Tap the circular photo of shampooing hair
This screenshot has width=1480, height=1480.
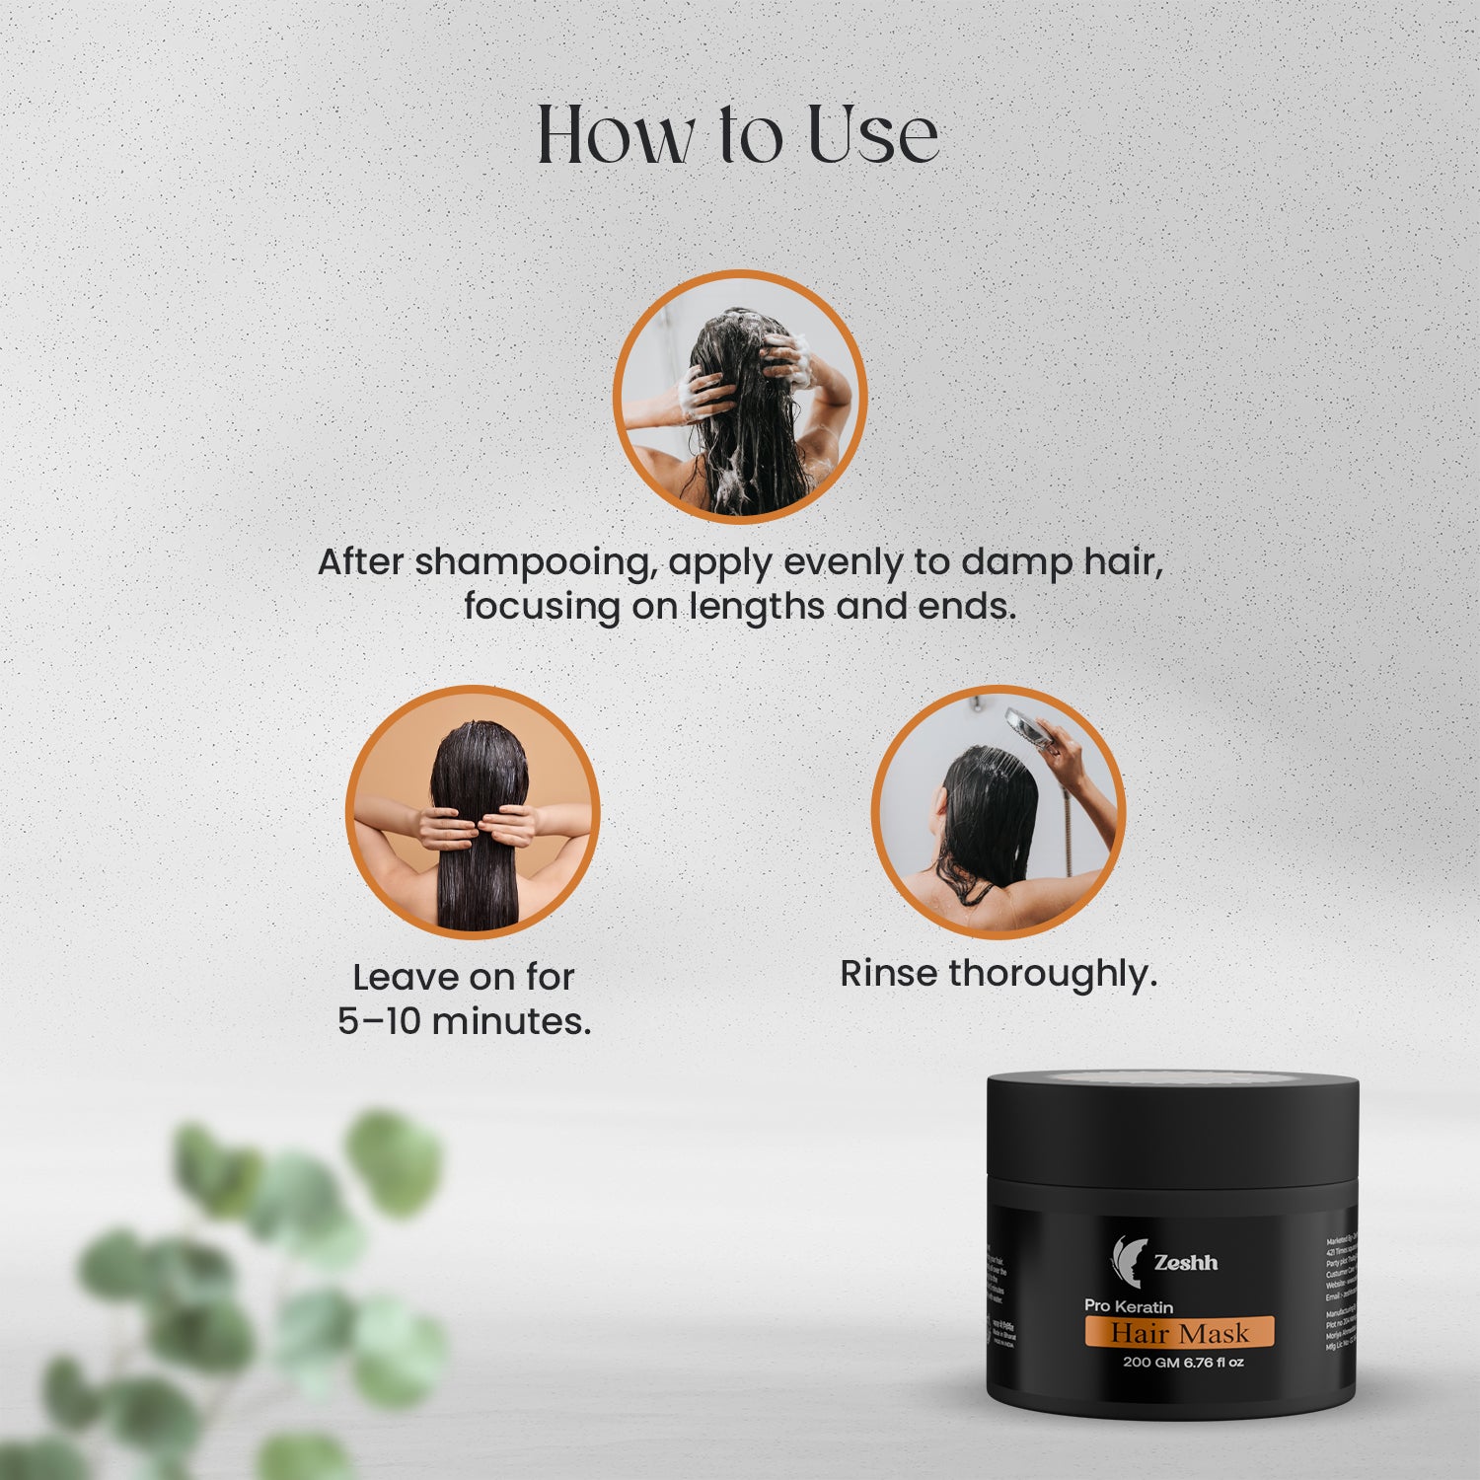coord(740,397)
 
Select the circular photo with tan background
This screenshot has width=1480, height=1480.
coord(473,812)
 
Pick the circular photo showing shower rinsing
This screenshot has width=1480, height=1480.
coord(998,812)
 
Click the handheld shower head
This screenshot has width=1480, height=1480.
coord(1026,725)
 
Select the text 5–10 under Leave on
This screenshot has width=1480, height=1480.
coord(379,1021)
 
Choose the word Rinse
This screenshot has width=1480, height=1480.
coord(888,974)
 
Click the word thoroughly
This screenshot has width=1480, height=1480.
coord(1052,974)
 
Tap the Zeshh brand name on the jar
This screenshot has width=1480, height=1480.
coord(1186,1262)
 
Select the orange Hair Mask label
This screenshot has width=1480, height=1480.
coord(1179,1333)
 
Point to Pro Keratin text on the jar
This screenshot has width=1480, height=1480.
coord(1129,1306)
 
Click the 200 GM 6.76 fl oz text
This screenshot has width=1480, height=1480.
coord(1183,1363)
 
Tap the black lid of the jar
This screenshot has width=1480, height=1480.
coord(1173,1125)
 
